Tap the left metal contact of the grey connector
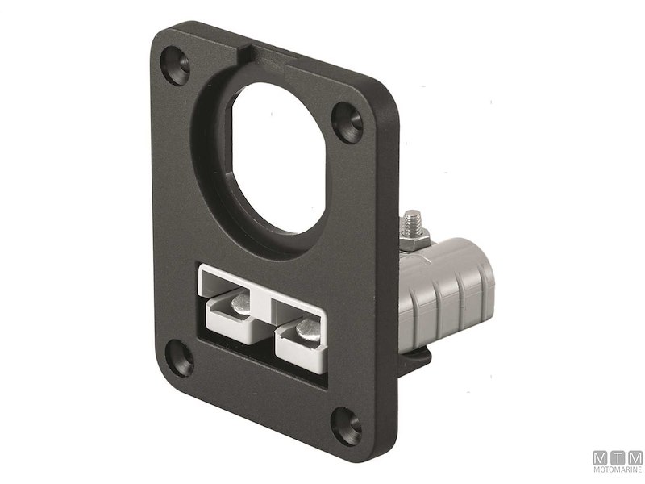point(239,302)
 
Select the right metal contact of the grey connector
point(307,328)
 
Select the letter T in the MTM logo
point(617,457)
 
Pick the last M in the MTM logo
point(635,457)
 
